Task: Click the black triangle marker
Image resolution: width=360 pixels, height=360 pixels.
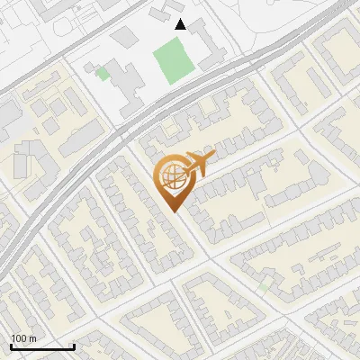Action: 181,24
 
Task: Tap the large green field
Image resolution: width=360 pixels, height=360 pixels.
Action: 174,60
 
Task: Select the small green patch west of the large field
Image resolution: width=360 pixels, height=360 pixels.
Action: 103,74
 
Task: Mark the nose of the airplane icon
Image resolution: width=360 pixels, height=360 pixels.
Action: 213,157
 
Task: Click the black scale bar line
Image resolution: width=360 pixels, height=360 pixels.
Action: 41,347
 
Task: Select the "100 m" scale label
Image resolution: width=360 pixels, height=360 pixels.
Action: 24,338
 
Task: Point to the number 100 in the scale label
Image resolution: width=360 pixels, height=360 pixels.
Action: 20,338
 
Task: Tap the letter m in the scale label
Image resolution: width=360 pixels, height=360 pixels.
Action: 33,338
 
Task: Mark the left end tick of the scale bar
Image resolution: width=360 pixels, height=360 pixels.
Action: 11,346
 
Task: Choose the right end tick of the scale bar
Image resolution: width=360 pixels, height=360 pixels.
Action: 73,346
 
